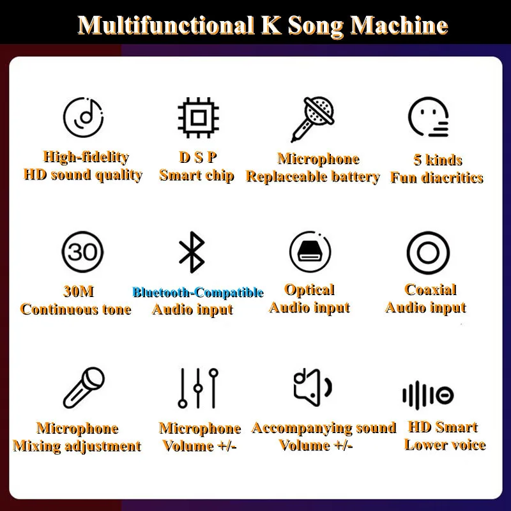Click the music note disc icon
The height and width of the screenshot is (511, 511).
pyautogui.click(x=83, y=118)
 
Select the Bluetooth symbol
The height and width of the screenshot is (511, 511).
pyautogui.click(x=192, y=252)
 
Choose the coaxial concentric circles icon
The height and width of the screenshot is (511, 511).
pyautogui.click(x=427, y=252)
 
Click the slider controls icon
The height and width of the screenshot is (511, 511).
pyautogui.click(x=198, y=388)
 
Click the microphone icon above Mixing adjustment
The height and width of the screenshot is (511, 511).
pyautogui.click(x=84, y=388)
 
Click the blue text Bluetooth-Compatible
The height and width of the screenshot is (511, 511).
pyautogui.click(x=197, y=293)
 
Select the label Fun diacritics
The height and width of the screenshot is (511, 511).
pyautogui.click(x=437, y=178)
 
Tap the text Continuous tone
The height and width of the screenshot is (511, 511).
pyautogui.click(x=75, y=309)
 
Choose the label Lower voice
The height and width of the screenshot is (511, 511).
pyautogui.click(x=445, y=445)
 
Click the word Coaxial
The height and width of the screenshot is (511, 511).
pyautogui.click(x=431, y=290)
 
